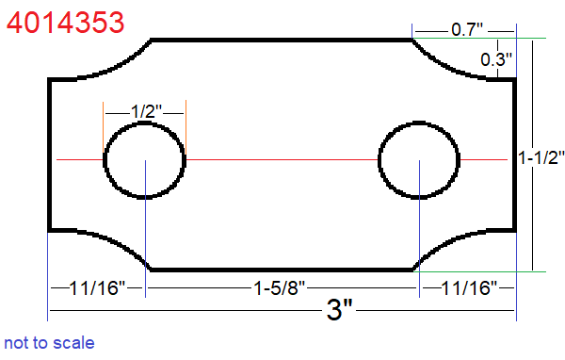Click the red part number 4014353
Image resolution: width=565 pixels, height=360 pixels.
(x=64, y=20)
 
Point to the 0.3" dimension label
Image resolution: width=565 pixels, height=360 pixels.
(x=495, y=59)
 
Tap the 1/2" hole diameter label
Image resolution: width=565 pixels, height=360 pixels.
(x=144, y=111)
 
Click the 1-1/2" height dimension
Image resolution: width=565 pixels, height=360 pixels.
(x=541, y=159)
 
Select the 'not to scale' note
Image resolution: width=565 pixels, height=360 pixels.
(x=49, y=342)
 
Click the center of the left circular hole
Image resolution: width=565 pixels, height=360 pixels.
(x=144, y=159)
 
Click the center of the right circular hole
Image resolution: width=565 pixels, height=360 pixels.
(x=418, y=159)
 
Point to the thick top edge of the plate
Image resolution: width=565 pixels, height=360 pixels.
(x=282, y=40)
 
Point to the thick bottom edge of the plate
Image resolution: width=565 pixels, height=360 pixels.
(x=282, y=270)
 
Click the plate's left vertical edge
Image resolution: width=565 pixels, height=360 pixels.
(x=49, y=155)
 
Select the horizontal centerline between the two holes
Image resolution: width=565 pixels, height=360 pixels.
(x=282, y=159)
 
